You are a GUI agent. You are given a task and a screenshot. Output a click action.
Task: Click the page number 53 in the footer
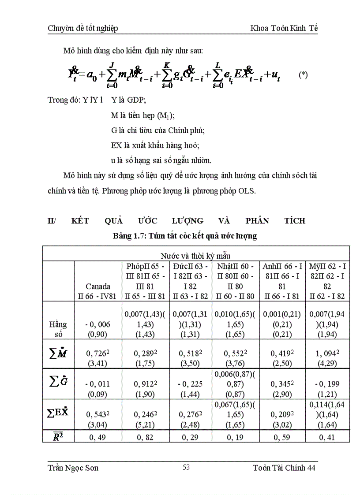coord(186,467)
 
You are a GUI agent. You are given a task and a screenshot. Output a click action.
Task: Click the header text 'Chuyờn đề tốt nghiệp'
coord(82,28)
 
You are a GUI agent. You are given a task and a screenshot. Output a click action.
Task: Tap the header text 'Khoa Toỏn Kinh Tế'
coord(284,28)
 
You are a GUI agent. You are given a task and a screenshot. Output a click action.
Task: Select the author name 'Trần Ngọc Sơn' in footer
coord(73,468)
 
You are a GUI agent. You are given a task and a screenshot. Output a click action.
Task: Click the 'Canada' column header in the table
coord(98,286)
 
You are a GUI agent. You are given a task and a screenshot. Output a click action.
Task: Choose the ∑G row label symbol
coord(58,380)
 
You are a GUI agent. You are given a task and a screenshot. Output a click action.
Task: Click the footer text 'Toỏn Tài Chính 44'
coord(284,468)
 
